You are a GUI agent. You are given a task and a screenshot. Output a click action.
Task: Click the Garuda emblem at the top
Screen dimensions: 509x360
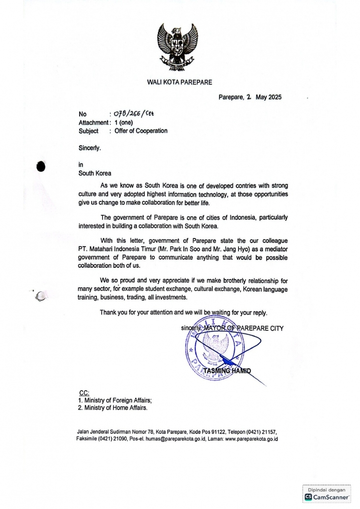pyautogui.click(x=180, y=47)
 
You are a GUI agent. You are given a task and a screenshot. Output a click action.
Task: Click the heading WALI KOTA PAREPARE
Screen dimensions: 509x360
pyautogui.click(x=180, y=82)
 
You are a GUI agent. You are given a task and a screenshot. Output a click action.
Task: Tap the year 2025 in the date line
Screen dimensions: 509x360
pyautogui.click(x=276, y=97)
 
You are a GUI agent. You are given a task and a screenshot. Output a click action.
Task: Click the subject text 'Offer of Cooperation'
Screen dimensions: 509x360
pyautogui.click(x=141, y=130)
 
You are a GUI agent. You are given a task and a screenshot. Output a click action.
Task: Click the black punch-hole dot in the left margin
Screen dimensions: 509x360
pyautogui.click(x=41, y=166)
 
